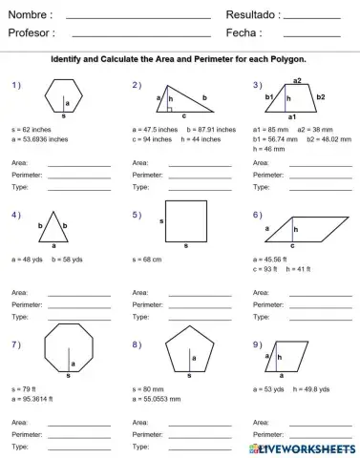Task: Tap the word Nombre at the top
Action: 30,15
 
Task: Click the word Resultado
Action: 252,15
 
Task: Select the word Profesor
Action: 32,32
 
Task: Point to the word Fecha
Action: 244,32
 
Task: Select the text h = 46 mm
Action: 269,149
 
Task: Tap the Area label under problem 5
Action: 140,292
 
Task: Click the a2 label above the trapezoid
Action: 298,80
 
